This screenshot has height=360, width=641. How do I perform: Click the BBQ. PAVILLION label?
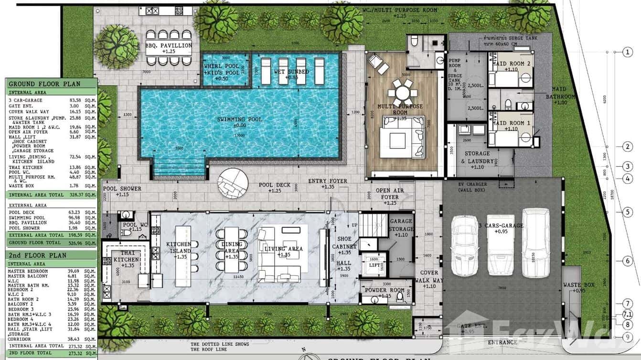pyautogui.click(x=169, y=46)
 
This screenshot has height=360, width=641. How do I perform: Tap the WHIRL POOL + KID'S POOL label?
pyautogui.click(x=221, y=69)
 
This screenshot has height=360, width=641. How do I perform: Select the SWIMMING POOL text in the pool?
pyautogui.click(x=239, y=119)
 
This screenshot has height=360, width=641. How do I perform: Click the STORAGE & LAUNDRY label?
pyautogui.click(x=477, y=157)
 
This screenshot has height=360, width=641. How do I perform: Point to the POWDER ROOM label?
pyautogui.click(x=385, y=290)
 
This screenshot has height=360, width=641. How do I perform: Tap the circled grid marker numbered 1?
pyautogui.click(x=628, y=53)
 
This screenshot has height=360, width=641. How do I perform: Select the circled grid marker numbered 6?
pyautogui.click(x=628, y=261)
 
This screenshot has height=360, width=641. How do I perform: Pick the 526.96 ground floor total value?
pyautogui.click(x=72, y=243)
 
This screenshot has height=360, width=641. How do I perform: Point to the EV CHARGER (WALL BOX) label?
pyautogui.click(x=471, y=187)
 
